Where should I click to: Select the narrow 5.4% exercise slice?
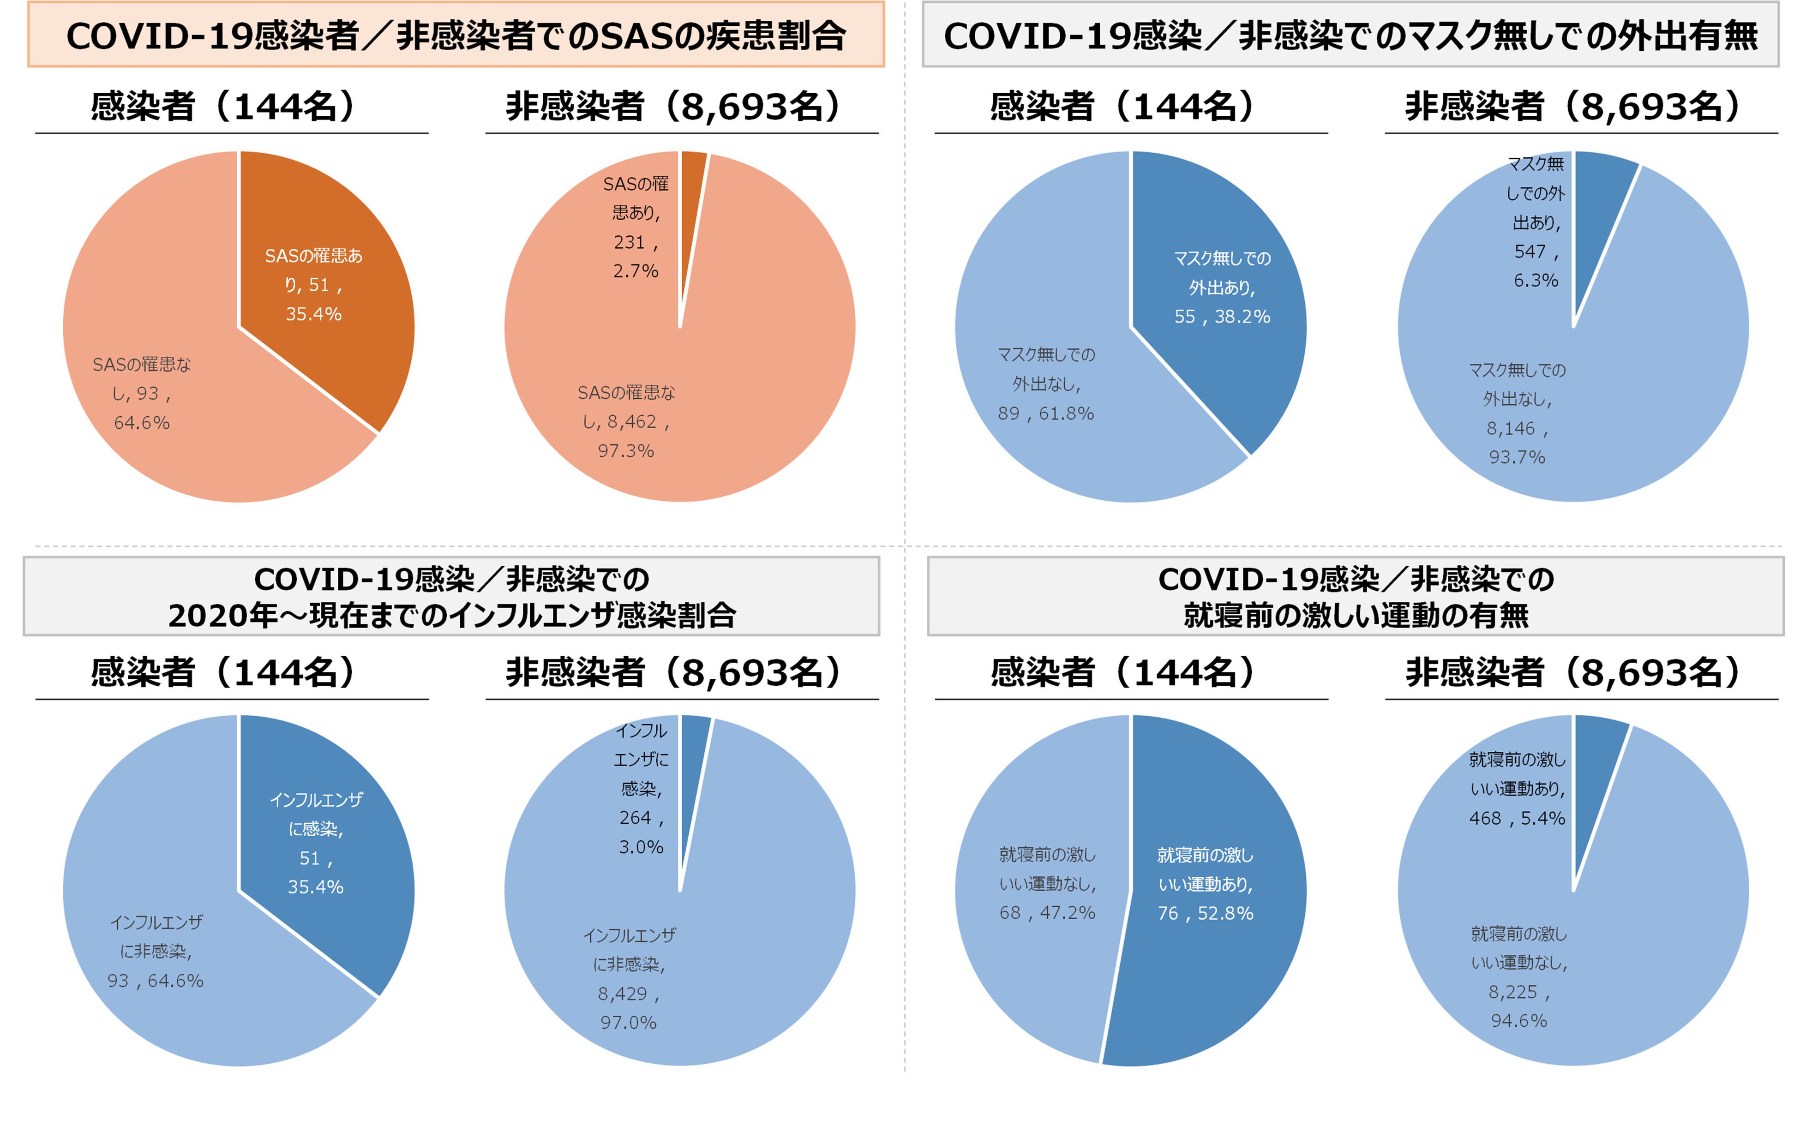[x=1594, y=767]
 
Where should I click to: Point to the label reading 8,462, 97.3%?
[x=625, y=421]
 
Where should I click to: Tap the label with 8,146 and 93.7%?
[x=1517, y=413]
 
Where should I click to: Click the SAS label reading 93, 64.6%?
[x=142, y=393]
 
